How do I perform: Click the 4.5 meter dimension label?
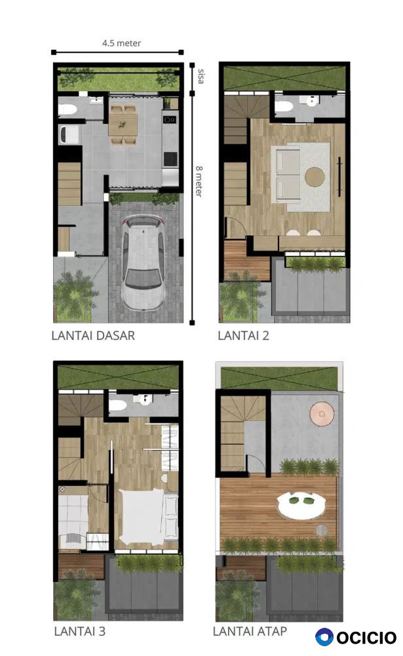(121, 43)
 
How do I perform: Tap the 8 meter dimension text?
(199, 181)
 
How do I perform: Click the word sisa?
(201, 76)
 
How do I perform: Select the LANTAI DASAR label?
(93, 335)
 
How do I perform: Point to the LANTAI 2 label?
(243, 335)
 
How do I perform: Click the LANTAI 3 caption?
(79, 631)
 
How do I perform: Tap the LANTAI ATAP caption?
(250, 631)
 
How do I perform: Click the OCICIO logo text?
(366, 638)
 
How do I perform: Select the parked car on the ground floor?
(143, 262)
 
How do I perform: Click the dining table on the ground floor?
(123, 125)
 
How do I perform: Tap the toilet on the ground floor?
(67, 110)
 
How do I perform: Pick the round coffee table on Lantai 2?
(315, 177)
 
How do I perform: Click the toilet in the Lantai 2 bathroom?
(284, 106)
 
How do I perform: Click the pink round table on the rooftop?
(322, 414)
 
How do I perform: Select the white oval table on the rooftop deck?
(302, 505)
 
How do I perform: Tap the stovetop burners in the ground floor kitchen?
(170, 119)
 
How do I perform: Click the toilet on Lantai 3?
(118, 405)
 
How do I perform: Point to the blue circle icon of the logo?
(324, 637)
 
